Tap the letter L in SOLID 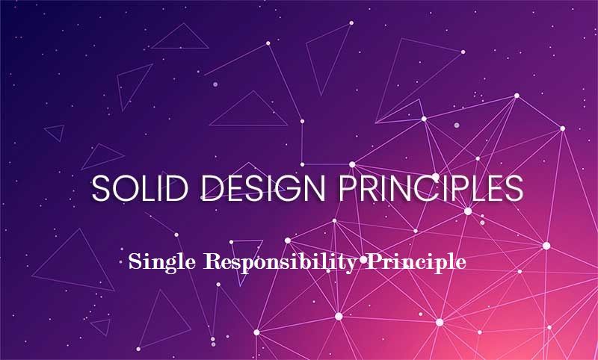click(139, 188)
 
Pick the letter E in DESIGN click(224, 188)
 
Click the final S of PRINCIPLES click(514, 188)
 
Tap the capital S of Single click(134, 262)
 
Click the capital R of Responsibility click(206, 262)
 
